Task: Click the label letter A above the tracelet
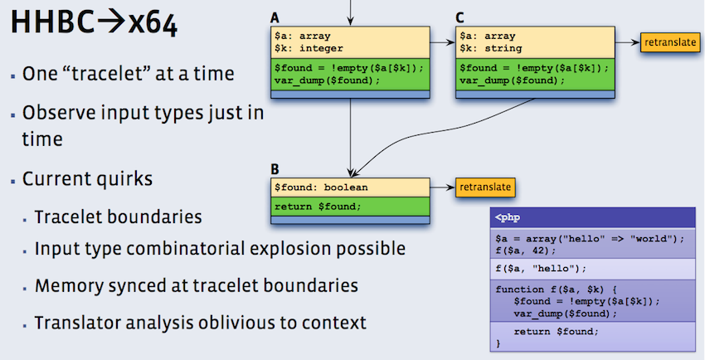click(x=275, y=17)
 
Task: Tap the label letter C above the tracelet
click(x=459, y=17)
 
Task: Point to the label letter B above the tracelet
click(x=275, y=169)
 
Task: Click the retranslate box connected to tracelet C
click(x=669, y=41)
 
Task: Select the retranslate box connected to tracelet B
click(x=485, y=187)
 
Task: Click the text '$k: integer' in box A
click(x=309, y=47)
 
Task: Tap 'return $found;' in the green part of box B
click(x=318, y=206)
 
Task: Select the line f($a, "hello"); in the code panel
click(x=539, y=269)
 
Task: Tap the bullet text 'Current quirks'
click(x=87, y=178)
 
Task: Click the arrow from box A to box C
click(x=442, y=41)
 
